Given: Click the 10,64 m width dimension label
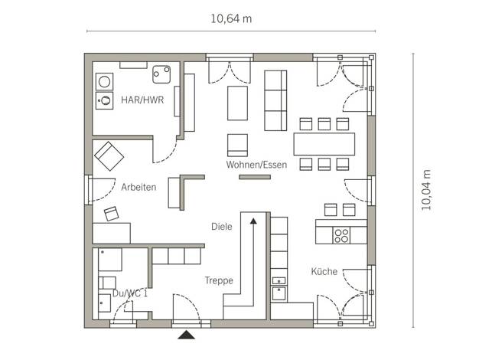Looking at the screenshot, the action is click(231, 19).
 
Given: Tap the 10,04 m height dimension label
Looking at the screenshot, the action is click(426, 190).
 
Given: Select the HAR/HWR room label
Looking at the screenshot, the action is click(142, 100).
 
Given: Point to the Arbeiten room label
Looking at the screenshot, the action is click(138, 187).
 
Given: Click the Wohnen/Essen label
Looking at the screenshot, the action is click(256, 165).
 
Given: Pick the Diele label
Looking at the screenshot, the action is click(222, 227).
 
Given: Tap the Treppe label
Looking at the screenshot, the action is click(219, 280).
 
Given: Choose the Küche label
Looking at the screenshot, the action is click(324, 271).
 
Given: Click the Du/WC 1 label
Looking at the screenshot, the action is click(130, 293).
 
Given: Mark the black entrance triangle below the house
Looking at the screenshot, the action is click(187, 335).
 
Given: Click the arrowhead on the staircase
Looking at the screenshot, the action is click(253, 221).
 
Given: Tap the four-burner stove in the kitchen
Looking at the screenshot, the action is click(341, 235).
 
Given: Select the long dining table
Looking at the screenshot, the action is click(324, 144).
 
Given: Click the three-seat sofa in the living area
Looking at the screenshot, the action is click(275, 100).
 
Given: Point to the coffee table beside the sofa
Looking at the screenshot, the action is click(237, 103).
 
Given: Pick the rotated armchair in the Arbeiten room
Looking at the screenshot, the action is click(109, 156).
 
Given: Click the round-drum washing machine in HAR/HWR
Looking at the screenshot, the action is click(105, 82).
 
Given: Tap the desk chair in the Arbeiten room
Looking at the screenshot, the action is click(111, 214).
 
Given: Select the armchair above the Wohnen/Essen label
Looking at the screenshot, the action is click(237, 146).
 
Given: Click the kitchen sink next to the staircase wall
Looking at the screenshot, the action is click(279, 293).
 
